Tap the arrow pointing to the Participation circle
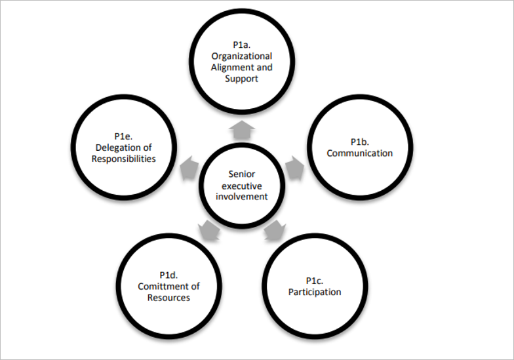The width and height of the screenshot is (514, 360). pyautogui.click(x=274, y=231)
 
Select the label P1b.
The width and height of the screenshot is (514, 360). pyautogui.click(x=360, y=142)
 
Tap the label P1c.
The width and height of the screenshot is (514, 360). pyautogui.click(x=315, y=281)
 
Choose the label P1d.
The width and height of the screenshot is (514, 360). pyautogui.click(x=169, y=275)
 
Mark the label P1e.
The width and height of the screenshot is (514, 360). pyautogui.click(x=123, y=136)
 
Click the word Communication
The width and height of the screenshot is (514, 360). pyautogui.click(x=360, y=153)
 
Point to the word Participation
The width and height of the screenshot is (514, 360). pyautogui.click(x=315, y=292)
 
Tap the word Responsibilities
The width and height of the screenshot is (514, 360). pyautogui.click(x=124, y=159)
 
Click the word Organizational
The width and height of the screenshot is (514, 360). pyautogui.click(x=242, y=56)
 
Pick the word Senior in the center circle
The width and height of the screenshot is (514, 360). pyautogui.click(x=241, y=174)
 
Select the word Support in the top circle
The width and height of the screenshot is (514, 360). pyautogui.click(x=241, y=79)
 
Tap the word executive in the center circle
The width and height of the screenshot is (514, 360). pyautogui.click(x=241, y=185)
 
